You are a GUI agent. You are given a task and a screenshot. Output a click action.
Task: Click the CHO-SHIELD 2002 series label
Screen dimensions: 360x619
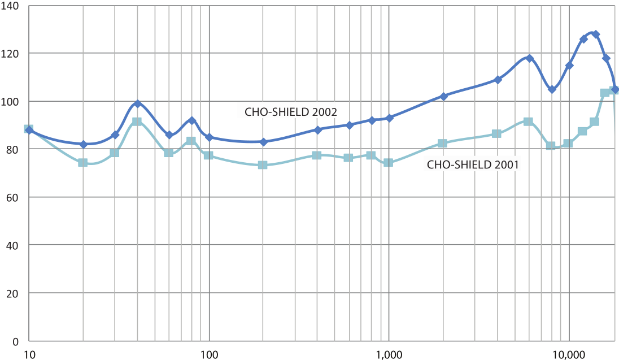tap(290, 112)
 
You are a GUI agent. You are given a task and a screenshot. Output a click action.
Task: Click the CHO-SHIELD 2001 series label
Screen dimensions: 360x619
tap(473, 166)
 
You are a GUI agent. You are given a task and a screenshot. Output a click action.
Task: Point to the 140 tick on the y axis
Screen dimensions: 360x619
tap(11, 6)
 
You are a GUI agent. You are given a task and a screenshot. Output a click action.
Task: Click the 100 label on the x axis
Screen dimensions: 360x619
tap(210, 354)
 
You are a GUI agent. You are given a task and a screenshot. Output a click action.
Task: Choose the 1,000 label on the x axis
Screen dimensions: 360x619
tap(388, 354)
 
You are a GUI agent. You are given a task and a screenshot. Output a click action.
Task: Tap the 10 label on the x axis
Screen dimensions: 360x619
tap(30, 354)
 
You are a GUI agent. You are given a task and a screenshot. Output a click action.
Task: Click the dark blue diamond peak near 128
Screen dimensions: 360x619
tap(595, 34)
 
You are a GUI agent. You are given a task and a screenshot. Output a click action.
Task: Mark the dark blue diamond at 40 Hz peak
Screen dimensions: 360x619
tap(137, 103)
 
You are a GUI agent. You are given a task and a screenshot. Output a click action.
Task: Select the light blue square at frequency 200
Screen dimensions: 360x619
tap(263, 165)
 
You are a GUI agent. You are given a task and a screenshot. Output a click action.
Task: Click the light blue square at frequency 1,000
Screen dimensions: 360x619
tap(388, 163)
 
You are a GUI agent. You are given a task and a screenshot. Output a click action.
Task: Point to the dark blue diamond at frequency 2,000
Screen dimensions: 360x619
tap(443, 97)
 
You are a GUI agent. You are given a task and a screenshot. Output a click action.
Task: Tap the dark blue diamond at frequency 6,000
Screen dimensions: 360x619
tap(529, 58)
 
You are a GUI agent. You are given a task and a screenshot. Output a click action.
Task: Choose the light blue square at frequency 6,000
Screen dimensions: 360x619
tap(528, 122)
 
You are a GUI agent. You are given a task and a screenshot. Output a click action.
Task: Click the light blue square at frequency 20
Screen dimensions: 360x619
tap(83, 163)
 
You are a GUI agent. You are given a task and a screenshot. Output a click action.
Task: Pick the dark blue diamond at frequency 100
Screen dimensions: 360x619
tap(209, 137)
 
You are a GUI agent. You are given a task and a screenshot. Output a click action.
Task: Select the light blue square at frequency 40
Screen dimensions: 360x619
tap(137, 122)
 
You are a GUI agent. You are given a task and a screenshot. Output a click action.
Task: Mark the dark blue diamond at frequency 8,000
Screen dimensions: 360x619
tap(552, 89)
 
